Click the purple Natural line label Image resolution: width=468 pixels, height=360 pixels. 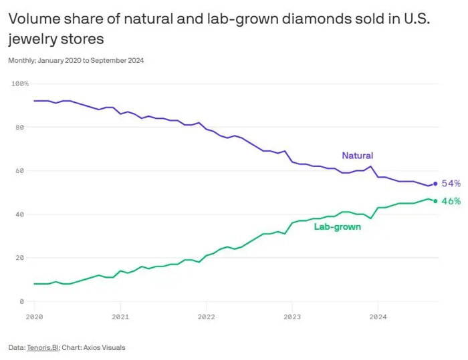pos(357,156)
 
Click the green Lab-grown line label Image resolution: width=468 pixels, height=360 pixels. pos(338,227)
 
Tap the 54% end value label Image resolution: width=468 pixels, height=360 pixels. pos(451,183)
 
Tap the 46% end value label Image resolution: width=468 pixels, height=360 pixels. pos(451,201)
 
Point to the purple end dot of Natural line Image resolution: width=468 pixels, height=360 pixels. pos(436,184)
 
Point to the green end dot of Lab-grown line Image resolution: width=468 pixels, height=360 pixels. pos(436,201)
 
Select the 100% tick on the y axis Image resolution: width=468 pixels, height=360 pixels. pos(20,83)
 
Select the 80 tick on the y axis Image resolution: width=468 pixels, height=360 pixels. pos(20,127)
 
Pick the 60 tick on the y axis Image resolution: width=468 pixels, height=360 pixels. pos(20,170)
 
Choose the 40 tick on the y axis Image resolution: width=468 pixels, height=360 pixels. pos(20,214)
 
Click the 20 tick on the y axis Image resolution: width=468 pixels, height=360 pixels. pos(20,258)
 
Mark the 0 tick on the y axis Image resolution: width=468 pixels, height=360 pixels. pos(22,301)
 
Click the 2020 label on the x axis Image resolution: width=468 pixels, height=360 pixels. pos(34,316)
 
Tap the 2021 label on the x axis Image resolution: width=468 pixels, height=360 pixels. pos(120,316)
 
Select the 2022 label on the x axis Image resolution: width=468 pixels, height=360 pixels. pos(206,316)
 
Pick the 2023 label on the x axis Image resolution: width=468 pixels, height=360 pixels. pos(292,316)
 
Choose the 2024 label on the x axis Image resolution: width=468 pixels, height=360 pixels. pos(378,316)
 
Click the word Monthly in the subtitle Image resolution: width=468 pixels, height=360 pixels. pos(20,60)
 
